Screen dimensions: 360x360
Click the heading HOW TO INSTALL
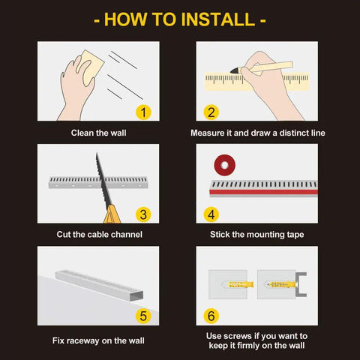pos(180,19)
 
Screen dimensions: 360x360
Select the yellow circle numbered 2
pos(211,112)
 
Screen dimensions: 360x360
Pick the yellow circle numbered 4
pos(211,214)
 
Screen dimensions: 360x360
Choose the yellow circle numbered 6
pos(211,316)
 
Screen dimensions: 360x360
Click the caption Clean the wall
pos(98,133)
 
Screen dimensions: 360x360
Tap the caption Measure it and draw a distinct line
pos(257,133)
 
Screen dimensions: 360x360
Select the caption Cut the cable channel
pos(98,234)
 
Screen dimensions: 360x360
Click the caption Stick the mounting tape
pos(257,234)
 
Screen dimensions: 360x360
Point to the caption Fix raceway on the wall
pos(98,340)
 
